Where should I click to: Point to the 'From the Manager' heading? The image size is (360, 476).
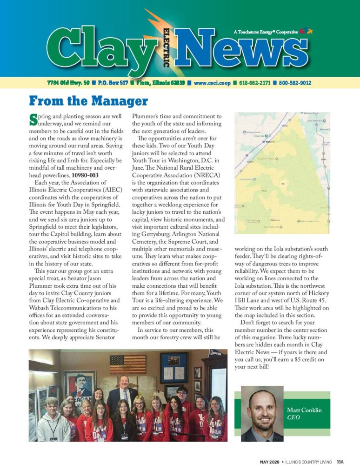tap(88, 101)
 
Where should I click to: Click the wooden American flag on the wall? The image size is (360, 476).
tap(127, 364)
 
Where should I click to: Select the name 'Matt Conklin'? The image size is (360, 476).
tap(304, 410)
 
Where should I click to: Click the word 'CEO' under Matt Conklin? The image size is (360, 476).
tap(294, 417)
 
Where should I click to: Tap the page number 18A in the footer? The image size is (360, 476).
tap(340, 462)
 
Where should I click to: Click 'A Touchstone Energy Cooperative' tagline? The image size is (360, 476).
tap(266, 32)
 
